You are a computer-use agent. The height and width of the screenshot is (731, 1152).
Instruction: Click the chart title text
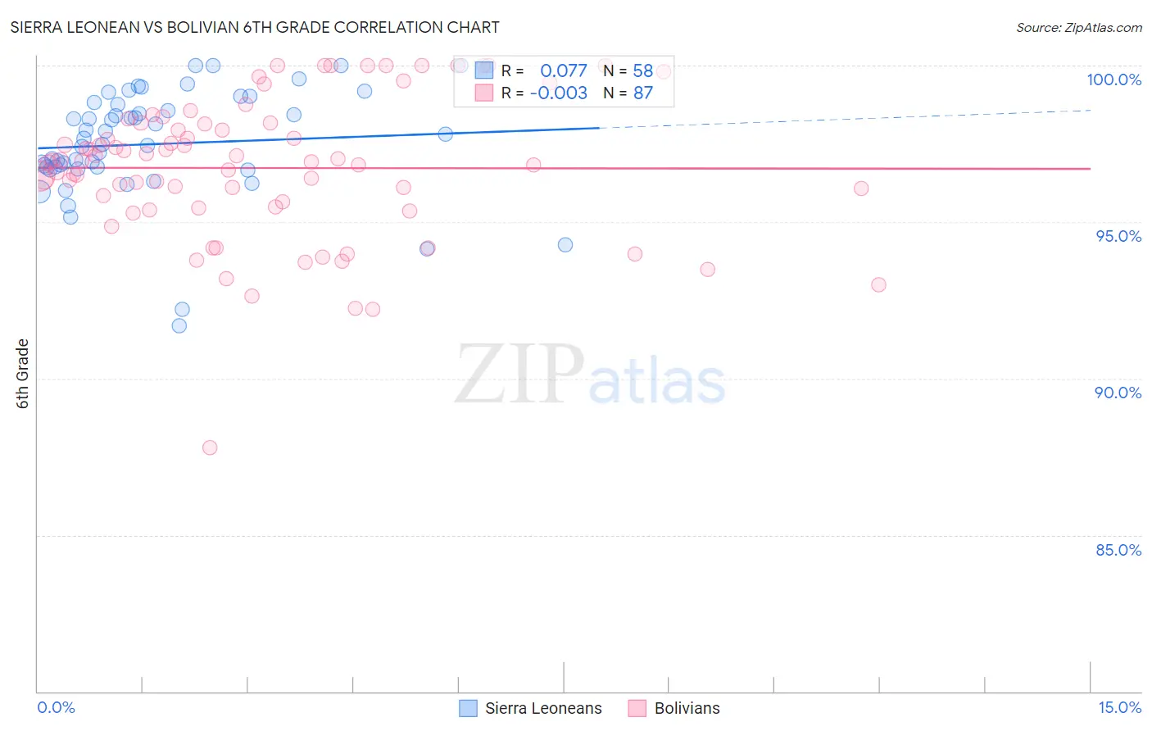[255, 27]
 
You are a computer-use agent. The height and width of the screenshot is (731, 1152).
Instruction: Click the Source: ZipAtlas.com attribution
[1078, 28]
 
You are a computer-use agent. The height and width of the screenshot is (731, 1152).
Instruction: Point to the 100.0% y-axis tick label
[1113, 79]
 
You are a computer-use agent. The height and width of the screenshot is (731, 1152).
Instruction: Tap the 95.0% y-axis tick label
[1118, 236]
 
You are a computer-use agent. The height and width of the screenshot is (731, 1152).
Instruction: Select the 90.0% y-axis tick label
[1118, 393]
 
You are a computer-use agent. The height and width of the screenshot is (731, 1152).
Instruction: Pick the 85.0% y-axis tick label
[1118, 550]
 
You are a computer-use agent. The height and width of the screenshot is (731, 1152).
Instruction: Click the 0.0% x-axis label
[56, 707]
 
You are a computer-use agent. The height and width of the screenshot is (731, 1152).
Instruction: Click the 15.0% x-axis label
[1119, 707]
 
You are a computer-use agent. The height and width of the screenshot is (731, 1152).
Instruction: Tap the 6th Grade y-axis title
[23, 374]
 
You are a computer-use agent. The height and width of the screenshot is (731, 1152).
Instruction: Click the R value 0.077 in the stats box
[564, 71]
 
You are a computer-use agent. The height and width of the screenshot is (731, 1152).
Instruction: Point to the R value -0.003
[558, 93]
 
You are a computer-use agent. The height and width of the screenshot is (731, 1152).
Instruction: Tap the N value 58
[642, 71]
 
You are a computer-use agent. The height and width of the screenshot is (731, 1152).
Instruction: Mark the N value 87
[642, 93]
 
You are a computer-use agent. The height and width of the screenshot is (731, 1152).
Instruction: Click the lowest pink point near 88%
[210, 447]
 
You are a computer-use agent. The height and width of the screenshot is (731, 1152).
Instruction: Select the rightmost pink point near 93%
[878, 284]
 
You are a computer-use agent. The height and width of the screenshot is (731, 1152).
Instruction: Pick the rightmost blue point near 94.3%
[565, 245]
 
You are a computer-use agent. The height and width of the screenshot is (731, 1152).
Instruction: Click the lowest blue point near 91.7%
[179, 325]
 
